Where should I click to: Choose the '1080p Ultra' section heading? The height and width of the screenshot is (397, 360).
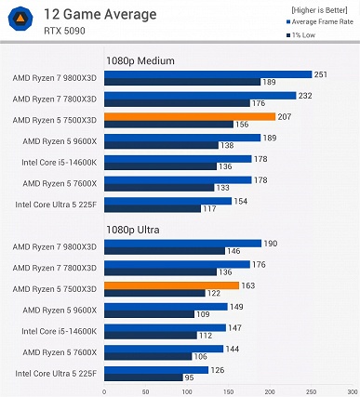point(136,230)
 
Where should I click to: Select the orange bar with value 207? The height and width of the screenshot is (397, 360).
point(190,117)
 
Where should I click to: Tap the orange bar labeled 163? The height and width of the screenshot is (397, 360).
point(173,285)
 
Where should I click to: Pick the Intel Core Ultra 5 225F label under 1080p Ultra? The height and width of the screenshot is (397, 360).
point(57,374)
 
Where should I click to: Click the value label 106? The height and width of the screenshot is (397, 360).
point(200,357)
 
